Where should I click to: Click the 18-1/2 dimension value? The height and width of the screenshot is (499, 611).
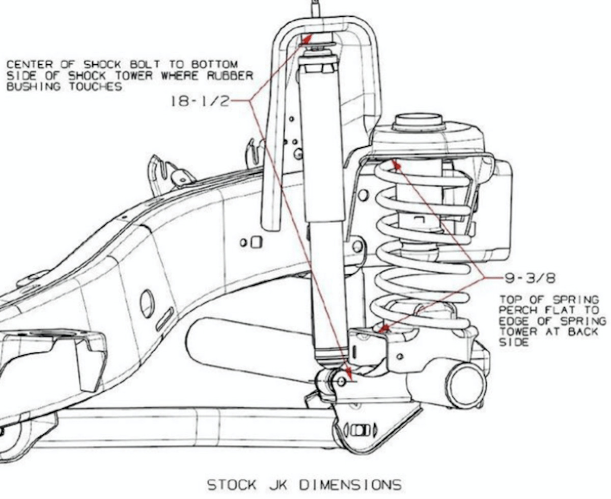click(200, 100)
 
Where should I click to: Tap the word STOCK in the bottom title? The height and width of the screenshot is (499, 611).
click(232, 484)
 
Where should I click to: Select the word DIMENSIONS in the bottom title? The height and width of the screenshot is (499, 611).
click(350, 484)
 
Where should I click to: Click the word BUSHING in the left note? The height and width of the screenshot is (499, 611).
click(32, 86)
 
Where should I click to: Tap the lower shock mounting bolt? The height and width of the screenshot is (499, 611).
click(342, 381)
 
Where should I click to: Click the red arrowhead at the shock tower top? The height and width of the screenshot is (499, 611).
click(307, 37)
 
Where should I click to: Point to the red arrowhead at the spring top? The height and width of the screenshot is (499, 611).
click(396, 164)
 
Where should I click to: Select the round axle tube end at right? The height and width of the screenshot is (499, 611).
click(466, 385)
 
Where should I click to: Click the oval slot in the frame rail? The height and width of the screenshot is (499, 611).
click(164, 319)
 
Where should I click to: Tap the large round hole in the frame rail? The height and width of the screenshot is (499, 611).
click(147, 304)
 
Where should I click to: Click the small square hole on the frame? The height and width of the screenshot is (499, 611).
click(256, 242)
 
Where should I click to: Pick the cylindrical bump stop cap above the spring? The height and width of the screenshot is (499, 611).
click(417, 124)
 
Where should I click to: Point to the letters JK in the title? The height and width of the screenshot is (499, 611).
click(277, 484)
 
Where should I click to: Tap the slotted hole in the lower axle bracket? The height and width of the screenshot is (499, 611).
click(359, 429)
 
